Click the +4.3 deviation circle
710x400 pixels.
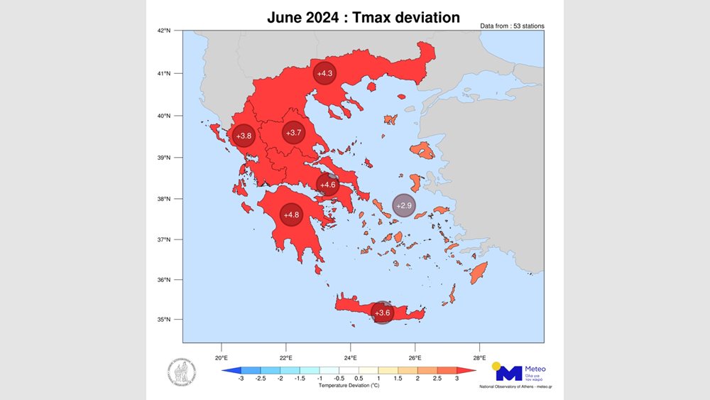pyautogui.click(x=325, y=73)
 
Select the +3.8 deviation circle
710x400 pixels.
pyautogui.click(x=244, y=136)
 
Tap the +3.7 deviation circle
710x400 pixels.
pyautogui.click(x=294, y=133)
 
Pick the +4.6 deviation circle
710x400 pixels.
pyautogui.click(x=327, y=185)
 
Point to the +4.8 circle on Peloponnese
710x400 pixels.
pyautogui.click(x=291, y=215)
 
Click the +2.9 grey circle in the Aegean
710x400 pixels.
pyautogui.click(x=404, y=205)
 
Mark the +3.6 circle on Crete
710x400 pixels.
pyautogui.click(x=382, y=313)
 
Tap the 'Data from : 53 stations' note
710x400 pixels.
pyautogui.click(x=513, y=26)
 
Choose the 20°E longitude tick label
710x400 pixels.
pyautogui.click(x=221, y=357)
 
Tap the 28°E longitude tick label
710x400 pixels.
pyautogui.click(x=479, y=357)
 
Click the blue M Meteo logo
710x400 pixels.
pyautogui.click(x=508, y=372)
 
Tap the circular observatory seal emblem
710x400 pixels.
pyautogui.click(x=182, y=371)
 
